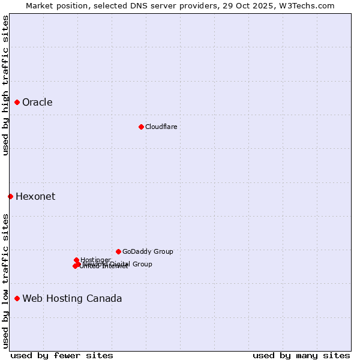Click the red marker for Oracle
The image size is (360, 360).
pos(17,103)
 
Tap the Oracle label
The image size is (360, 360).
pos(37,103)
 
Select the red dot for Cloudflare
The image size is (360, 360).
pos(141,127)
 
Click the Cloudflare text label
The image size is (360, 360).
pos(161,127)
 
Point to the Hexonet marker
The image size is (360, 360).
pos(10,196)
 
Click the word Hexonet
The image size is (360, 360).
pos(35,197)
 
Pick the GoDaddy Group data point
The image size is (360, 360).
pos(118,251)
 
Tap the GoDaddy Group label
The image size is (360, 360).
pos(148,252)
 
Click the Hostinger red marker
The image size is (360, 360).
pos(76,260)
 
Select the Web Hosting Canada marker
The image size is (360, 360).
pos(17,298)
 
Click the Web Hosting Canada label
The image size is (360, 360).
pos(72,299)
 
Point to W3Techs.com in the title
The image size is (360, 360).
pos(308,5)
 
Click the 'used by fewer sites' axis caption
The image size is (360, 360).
pos(62,355)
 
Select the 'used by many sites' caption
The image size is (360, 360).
pos(301,355)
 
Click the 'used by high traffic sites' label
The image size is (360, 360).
pos(5,85)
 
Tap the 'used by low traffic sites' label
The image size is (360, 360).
pos(5,280)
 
